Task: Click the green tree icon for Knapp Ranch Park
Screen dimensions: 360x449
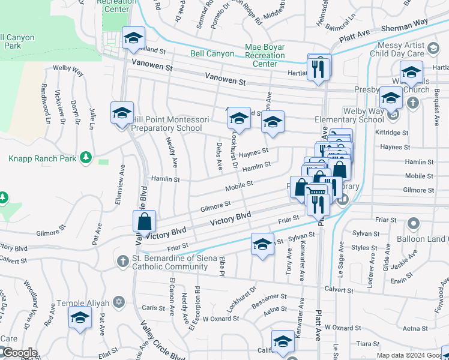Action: point(86,158)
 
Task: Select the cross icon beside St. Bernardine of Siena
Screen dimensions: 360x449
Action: point(121,261)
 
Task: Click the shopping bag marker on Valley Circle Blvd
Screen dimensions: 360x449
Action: point(145,221)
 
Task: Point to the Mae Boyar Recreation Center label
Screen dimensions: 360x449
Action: point(265,55)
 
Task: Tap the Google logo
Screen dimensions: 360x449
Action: point(20,353)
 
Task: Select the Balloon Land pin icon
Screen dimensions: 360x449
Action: point(413,224)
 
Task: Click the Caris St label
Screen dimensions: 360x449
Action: point(154,308)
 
